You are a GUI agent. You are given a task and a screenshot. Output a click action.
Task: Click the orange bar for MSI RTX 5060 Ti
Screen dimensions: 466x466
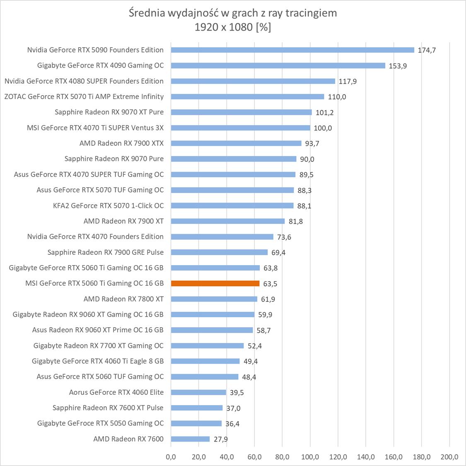pyautogui.click(x=215, y=284)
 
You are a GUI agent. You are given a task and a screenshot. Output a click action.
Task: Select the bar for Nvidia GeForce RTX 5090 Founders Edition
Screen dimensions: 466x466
pyautogui.click(x=292, y=50)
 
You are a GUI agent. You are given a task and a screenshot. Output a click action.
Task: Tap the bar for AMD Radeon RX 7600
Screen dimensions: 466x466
pyautogui.click(x=190, y=439)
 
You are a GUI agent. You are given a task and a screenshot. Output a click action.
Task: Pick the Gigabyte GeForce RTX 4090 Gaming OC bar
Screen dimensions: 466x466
pyautogui.click(x=278, y=65)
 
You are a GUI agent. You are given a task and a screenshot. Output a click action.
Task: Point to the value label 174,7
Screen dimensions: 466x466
pyautogui.click(x=427, y=51)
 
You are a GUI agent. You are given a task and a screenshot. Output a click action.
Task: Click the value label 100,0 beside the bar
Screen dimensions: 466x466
pyautogui.click(x=323, y=128)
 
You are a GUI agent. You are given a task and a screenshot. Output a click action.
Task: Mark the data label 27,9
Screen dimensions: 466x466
pyautogui.click(x=221, y=439)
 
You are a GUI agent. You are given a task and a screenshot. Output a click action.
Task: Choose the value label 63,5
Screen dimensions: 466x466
pyautogui.click(x=270, y=284)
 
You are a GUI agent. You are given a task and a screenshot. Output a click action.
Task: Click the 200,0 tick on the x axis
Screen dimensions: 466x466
pyautogui.click(x=449, y=457)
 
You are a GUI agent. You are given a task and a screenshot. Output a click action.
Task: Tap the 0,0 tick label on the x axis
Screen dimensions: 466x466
pyautogui.click(x=171, y=457)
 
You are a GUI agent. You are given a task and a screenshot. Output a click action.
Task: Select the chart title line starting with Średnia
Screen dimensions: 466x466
pyautogui.click(x=233, y=13)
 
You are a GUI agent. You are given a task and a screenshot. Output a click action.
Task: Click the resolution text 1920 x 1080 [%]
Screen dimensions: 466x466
pyautogui.click(x=233, y=27)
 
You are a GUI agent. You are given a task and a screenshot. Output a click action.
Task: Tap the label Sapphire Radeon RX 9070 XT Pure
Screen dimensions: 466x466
pyautogui.click(x=109, y=112)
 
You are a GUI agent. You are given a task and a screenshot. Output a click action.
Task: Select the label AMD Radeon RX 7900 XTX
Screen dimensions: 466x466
pyautogui.click(x=121, y=143)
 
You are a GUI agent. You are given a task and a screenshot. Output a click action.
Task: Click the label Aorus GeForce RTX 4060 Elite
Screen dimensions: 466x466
pyautogui.click(x=116, y=392)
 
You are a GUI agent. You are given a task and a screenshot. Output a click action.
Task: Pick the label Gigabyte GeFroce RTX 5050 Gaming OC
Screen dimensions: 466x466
pyautogui.click(x=100, y=423)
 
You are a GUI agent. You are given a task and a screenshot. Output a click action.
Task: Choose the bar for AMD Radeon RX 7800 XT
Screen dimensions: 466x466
pyautogui.click(x=214, y=299)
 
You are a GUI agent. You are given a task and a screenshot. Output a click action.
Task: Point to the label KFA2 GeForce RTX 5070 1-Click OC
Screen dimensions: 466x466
pyautogui.click(x=108, y=205)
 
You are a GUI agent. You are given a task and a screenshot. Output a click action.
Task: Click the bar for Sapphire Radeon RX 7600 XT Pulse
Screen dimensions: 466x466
pyautogui.click(x=196, y=408)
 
